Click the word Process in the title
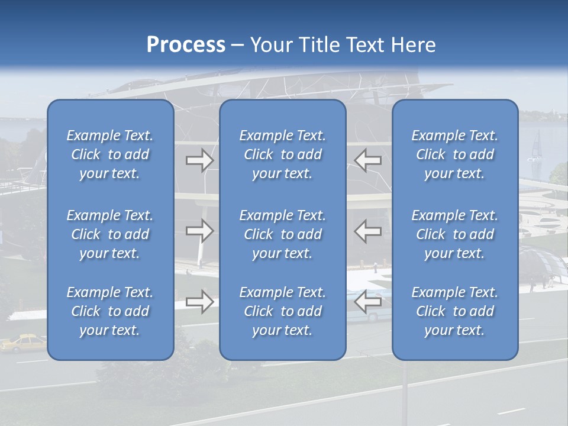(186, 44)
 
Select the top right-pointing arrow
(199, 160)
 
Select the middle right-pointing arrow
(199, 231)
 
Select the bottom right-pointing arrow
(199, 302)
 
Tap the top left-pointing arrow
(368, 160)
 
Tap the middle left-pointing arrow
(368, 231)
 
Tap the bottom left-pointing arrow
(368, 302)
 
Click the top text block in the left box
(110, 154)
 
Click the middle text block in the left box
(110, 234)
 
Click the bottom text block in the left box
(110, 311)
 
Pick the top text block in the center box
(283, 154)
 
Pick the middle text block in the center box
(283, 234)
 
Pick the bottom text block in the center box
(283, 311)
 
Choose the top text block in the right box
(455, 154)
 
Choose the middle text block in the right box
(455, 234)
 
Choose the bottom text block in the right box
(455, 311)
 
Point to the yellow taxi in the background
(22, 343)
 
